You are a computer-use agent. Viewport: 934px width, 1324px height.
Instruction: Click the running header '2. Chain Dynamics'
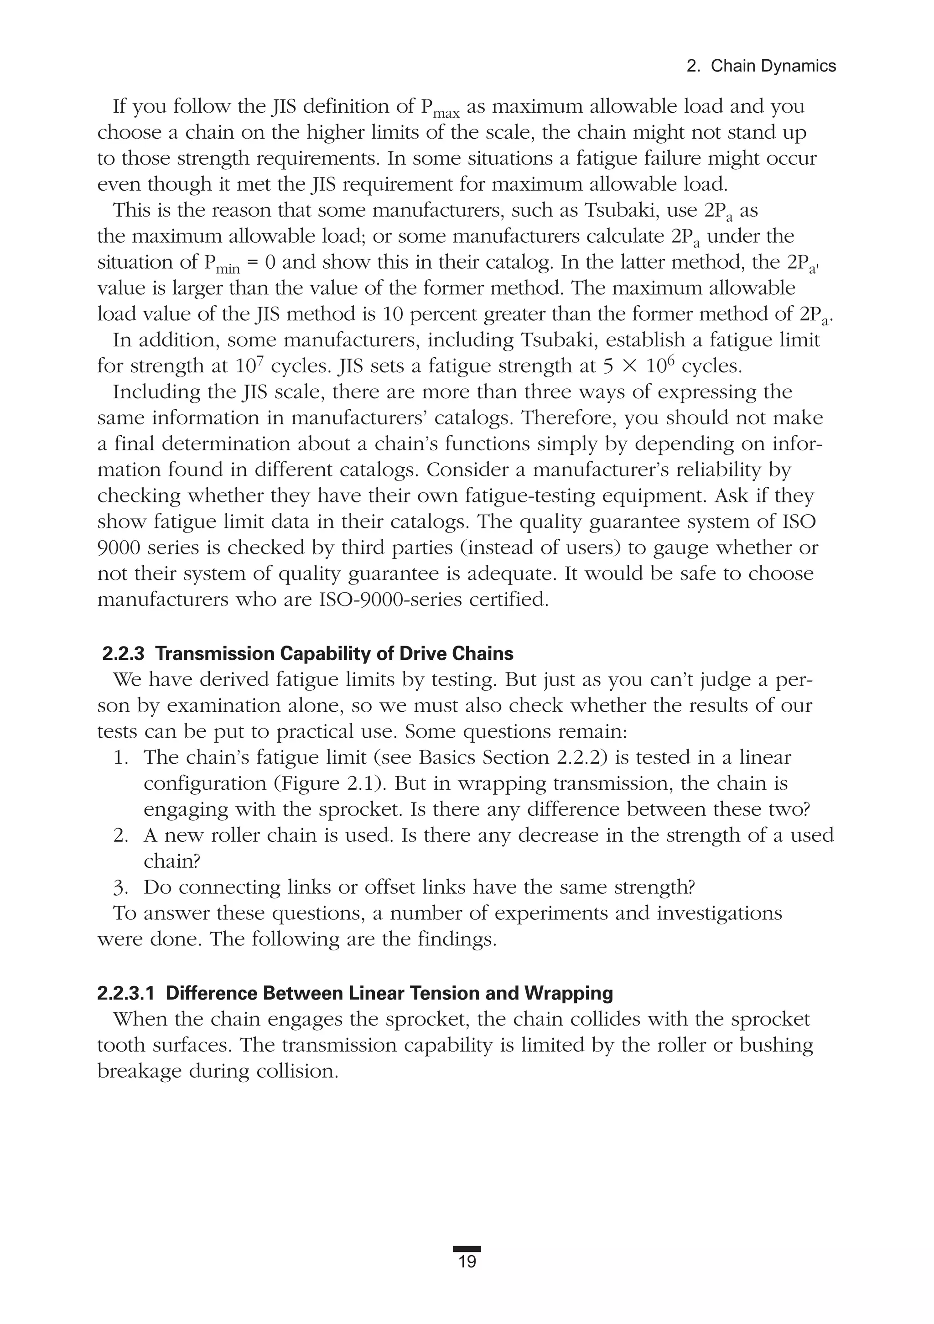pos(761,66)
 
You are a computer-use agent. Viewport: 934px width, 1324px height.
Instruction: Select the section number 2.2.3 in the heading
pos(123,654)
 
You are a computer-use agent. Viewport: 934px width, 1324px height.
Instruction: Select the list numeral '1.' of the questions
pos(121,757)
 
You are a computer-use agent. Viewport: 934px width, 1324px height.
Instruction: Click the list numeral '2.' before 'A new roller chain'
pos(121,835)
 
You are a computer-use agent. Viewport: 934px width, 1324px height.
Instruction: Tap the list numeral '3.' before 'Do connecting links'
pos(121,887)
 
